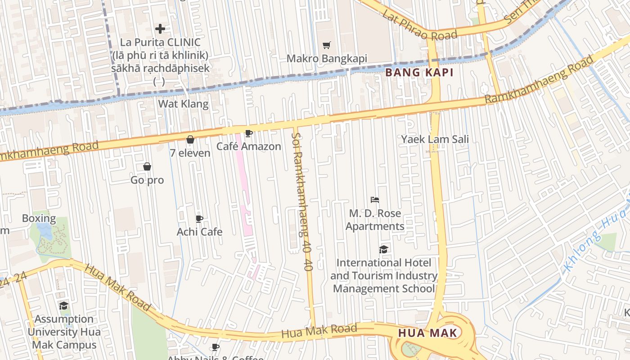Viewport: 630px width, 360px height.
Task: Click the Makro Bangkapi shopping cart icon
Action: coord(327,45)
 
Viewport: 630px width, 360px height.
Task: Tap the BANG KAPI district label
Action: coord(418,72)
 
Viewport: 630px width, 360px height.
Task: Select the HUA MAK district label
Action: coord(427,333)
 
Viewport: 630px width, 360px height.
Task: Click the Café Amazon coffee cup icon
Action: coord(248,133)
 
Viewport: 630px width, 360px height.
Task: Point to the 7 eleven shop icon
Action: coord(190,139)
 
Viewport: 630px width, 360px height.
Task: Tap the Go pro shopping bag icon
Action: coord(147,167)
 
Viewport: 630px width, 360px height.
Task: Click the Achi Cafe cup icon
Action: coord(199,219)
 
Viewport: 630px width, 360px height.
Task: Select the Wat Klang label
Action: coord(183,104)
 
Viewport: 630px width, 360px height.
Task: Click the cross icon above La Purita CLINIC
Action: coord(160,29)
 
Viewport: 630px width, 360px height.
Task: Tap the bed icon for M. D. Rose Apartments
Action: coord(375,200)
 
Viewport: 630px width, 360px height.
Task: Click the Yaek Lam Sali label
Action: coord(435,139)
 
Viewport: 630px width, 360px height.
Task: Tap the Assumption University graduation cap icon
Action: coord(64,306)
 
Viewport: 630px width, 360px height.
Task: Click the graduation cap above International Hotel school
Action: coord(383,250)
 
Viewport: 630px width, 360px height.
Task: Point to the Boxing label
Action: coord(39,219)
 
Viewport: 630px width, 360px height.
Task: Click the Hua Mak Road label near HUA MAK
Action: coord(319,332)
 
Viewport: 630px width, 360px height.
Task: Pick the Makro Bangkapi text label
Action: coord(327,59)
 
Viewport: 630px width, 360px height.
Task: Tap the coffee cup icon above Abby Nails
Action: coord(216,347)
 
